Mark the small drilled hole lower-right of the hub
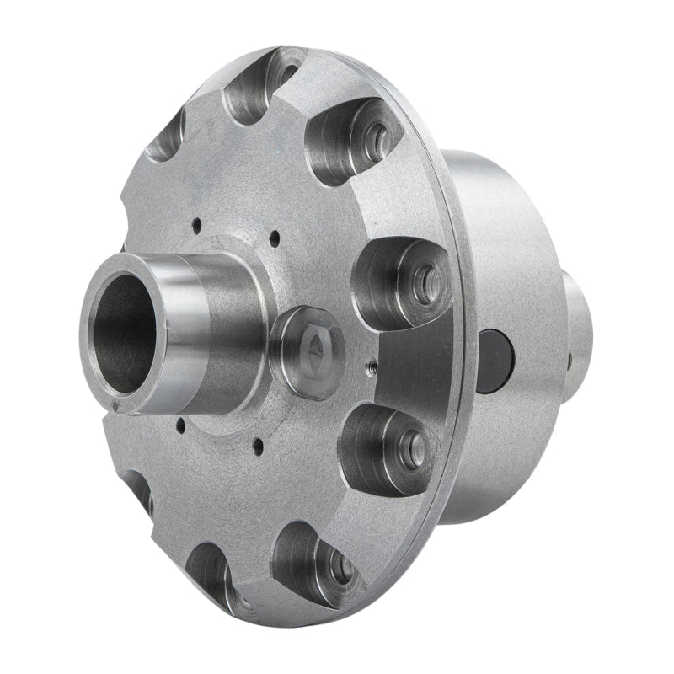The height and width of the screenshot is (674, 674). (x=258, y=441)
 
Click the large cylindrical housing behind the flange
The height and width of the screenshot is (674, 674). (x=505, y=253)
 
